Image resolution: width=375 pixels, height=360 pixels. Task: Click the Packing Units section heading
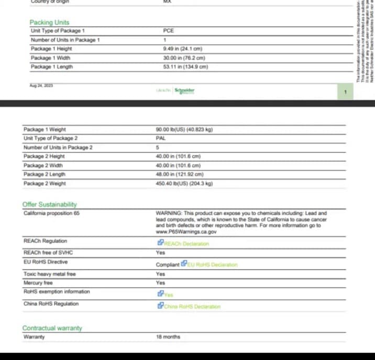tap(49, 23)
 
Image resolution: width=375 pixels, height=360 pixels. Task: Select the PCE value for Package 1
tap(168, 31)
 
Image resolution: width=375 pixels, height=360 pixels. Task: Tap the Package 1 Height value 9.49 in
tap(182, 49)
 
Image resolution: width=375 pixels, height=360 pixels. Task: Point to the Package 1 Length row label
tap(52, 67)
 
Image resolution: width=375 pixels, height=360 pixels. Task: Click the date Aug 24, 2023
tap(41, 85)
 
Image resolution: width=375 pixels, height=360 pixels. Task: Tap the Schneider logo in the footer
tap(184, 91)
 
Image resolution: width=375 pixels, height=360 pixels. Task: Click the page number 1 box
tap(345, 92)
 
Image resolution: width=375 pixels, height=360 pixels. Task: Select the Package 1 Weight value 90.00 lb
tap(184, 129)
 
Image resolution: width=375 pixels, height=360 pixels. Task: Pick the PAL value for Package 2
tap(161, 138)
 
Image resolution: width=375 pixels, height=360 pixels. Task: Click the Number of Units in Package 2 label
tap(58, 148)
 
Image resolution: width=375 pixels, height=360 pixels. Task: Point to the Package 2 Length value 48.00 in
tap(180, 174)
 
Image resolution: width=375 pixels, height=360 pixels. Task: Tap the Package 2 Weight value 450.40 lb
tap(184, 183)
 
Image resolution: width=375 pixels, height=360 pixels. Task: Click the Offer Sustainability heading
tap(50, 204)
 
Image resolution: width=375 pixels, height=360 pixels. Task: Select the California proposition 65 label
tap(51, 213)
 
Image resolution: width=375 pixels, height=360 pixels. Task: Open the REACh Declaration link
tap(186, 244)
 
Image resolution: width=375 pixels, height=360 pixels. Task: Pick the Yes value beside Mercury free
tap(160, 282)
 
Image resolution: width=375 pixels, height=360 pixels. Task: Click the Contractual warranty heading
tap(52, 328)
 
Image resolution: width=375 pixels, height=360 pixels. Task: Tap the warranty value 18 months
tap(168, 337)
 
